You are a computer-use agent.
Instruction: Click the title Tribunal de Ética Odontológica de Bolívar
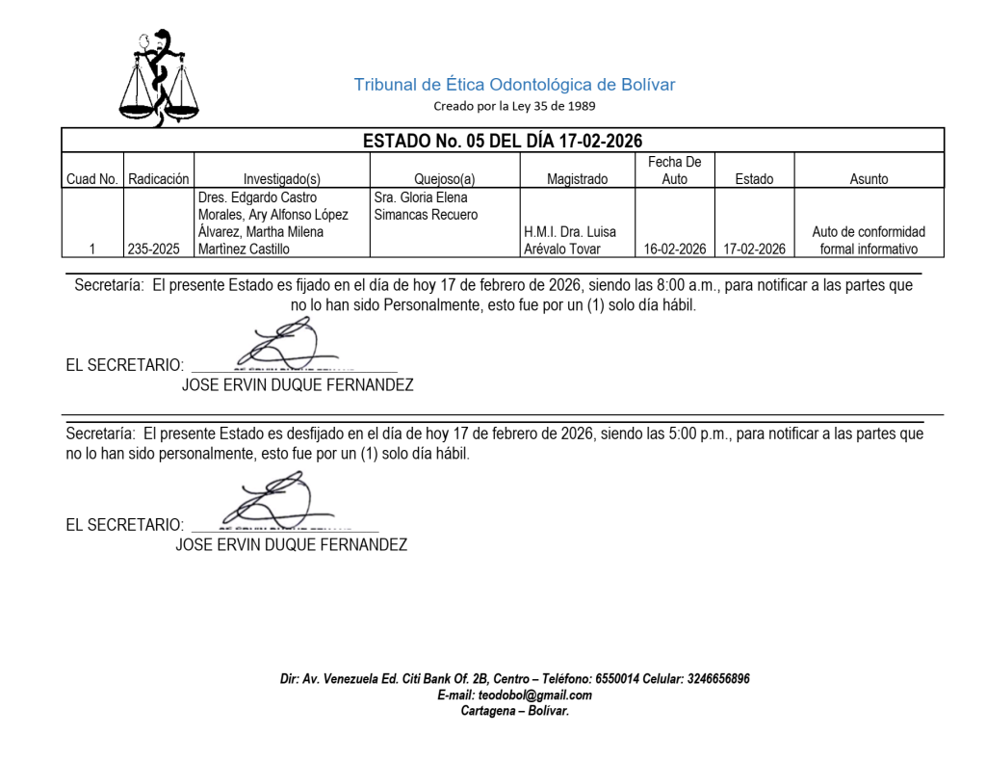[x=514, y=85]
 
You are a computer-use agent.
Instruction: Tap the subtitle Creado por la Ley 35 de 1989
[x=514, y=106]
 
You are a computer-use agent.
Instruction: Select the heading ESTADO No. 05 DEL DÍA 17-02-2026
[x=502, y=141]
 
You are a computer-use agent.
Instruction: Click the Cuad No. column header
[x=92, y=179]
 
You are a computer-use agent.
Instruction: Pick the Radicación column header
[x=159, y=179]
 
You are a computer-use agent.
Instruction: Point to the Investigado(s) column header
[x=281, y=179]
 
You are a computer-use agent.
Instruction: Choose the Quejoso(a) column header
[x=445, y=179]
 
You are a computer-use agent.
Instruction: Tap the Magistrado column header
[x=577, y=179]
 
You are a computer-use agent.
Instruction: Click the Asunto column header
[x=869, y=179]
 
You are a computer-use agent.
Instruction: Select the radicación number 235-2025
[x=159, y=250]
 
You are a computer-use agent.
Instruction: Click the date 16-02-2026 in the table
[x=675, y=250]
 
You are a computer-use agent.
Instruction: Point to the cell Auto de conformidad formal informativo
[x=869, y=241]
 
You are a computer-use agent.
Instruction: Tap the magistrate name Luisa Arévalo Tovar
[x=570, y=241]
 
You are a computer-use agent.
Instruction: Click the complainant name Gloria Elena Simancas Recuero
[x=426, y=206]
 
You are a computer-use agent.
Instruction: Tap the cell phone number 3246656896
[x=718, y=679]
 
